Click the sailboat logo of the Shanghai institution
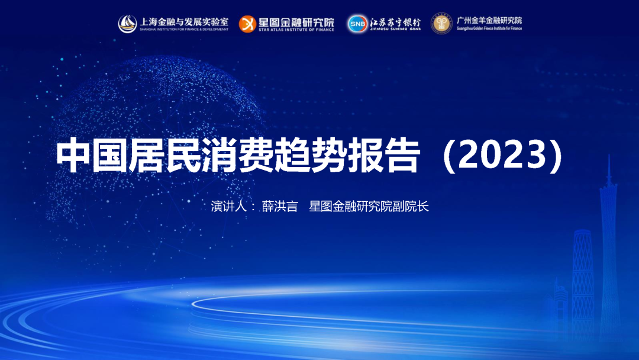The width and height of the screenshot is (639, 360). [128, 24]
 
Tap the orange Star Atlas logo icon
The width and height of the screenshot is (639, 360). [247, 24]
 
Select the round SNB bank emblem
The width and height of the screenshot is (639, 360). [357, 24]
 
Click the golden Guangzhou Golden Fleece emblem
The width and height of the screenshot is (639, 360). [441, 24]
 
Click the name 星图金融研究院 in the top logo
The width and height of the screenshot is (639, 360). [296, 21]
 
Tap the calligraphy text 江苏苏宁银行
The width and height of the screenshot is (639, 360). [395, 21]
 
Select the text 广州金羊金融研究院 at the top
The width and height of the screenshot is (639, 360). [489, 21]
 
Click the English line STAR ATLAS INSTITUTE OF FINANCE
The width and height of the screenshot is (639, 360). [296, 30]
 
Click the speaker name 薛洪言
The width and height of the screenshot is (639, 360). [280, 207]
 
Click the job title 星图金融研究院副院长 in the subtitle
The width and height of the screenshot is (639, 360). [369, 207]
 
